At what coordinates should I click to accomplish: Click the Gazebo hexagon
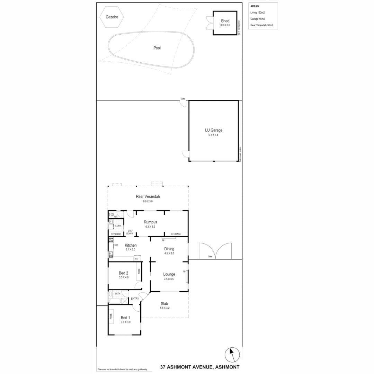[x=112, y=17]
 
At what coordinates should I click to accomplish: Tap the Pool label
[x=157, y=48]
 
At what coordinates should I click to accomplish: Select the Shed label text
[x=225, y=21]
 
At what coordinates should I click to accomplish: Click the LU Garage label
[x=213, y=130]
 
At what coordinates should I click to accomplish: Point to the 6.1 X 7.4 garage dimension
[x=213, y=135]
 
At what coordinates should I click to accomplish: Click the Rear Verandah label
[x=148, y=196]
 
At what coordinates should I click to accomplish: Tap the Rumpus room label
[x=151, y=222]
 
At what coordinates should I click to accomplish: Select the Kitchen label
[x=126, y=245]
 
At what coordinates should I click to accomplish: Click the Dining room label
[x=169, y=249]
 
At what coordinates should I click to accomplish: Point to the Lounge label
[x=169, y=274]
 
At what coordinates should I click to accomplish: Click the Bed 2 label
[x=124, y=273]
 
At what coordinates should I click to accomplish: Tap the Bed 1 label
[x=125, y=318]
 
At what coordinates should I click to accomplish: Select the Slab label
[x=164, y=304]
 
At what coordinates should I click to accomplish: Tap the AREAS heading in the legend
[x=254, y=6]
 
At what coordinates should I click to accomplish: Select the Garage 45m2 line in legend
[x=258, y=19]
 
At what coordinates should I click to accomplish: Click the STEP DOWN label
[x=130, y=232]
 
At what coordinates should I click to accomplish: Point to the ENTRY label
[x=135, y=299]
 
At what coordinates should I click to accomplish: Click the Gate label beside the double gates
[x=210, y=257]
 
